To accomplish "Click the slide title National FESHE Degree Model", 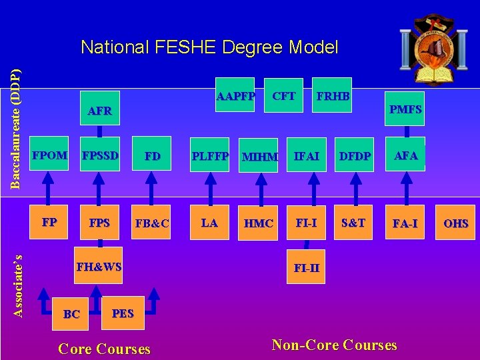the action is pos(209,47).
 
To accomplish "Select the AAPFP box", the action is pos(235,96).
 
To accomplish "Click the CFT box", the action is pos(284,96).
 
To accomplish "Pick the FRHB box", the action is pos(333,96).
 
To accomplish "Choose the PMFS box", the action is pos(405,109).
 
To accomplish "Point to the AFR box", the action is pos(100,111).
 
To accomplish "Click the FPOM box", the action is pos(50,156).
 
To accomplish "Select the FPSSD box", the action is pos(100,156).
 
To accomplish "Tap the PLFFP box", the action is pos(210,157).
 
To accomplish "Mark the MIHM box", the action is pos(259,157).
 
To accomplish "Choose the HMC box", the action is pos(259,224).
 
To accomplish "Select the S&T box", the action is pos(353,223).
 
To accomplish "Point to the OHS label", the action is pos(456,224).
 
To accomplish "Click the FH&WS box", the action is pos(99,267).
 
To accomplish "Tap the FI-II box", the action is pos(307,269).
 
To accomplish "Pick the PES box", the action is pos(123,313).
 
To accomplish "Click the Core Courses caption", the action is pos(105,349).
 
